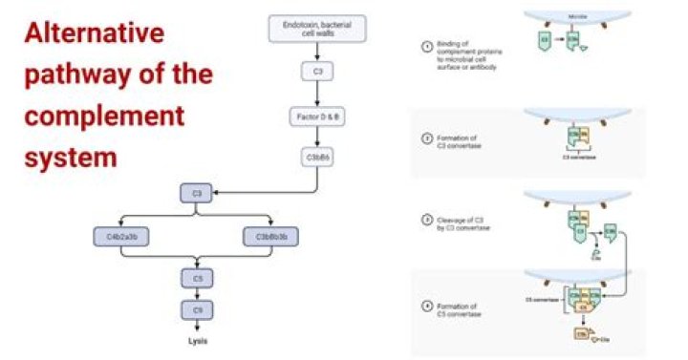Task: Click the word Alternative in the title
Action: point(93,35)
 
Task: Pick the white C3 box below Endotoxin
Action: point(316,72)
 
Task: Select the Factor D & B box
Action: point(316,116)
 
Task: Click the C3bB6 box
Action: point(316,158)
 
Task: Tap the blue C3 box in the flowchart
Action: point(197,194)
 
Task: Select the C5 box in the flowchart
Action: point(197,279)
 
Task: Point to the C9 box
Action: point(197,310)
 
